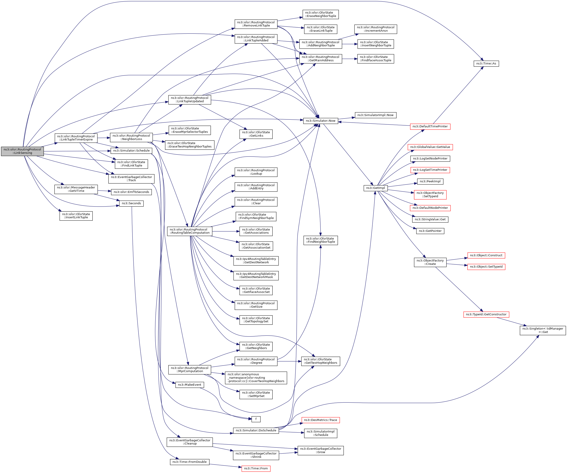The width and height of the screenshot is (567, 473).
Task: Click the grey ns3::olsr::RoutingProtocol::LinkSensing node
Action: point(22,151)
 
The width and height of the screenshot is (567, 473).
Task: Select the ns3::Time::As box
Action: point(486,64)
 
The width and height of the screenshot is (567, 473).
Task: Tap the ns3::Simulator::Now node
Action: point(321,121)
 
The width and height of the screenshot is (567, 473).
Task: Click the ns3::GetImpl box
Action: point(376,188)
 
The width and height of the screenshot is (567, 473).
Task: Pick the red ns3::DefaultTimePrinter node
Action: point(430,126)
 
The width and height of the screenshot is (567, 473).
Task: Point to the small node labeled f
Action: point(256,419)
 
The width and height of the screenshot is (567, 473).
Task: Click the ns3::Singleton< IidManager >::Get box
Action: point(543,330)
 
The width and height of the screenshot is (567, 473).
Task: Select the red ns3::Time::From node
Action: point(256,468)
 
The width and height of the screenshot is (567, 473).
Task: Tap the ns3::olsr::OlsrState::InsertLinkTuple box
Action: point(76,216)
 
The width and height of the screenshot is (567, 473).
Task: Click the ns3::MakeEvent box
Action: point(189,385)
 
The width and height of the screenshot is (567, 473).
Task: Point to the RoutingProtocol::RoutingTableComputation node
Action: point(189,231)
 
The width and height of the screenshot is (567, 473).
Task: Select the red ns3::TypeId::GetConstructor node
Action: point(486,314)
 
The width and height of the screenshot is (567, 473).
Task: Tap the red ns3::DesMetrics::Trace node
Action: point(321,420)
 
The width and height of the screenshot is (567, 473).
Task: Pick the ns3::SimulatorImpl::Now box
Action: point(376,115)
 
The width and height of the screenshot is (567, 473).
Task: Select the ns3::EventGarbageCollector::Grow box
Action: point(321,451)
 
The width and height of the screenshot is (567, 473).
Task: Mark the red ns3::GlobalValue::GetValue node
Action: point(430,147)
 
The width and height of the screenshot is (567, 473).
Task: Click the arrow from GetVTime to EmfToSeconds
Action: point(104,191)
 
